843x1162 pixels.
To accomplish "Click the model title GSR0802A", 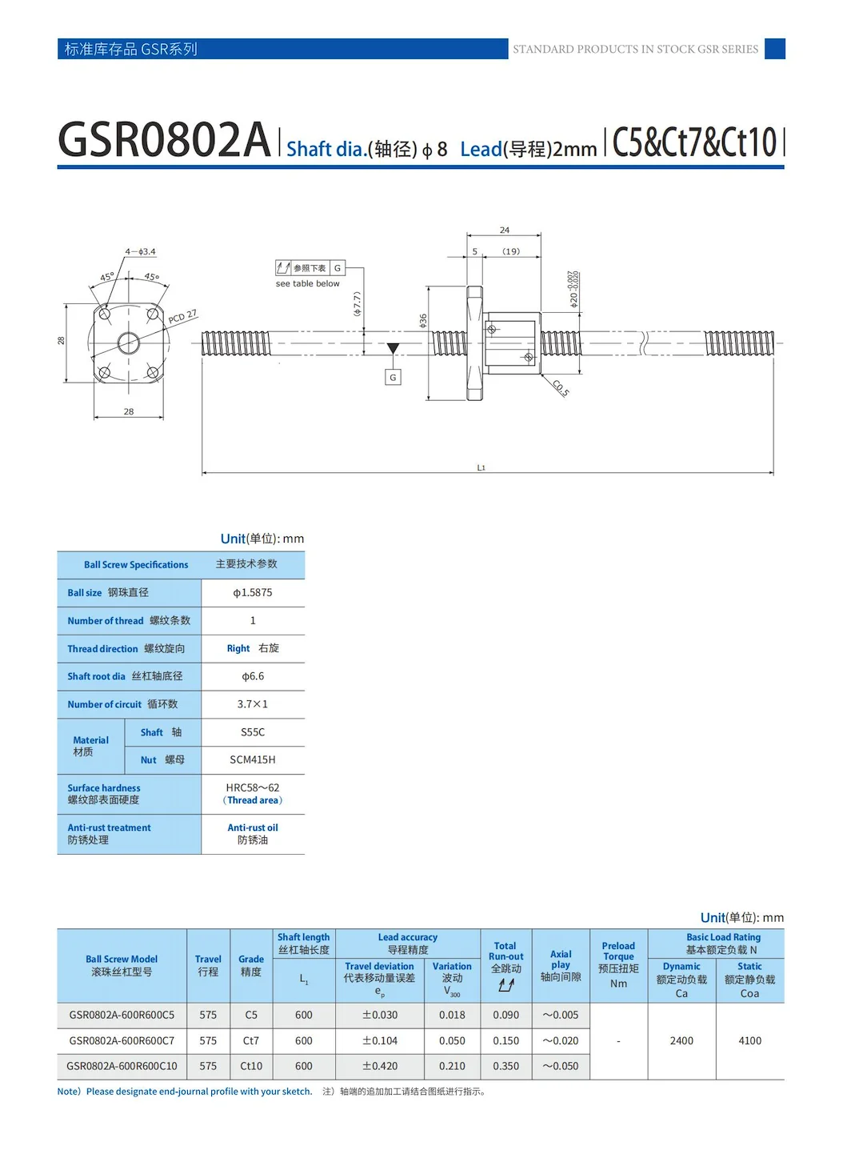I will [x=164, y=140].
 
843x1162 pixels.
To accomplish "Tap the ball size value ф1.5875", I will [x=253, y=593].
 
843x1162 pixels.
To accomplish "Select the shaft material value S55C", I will [x=253, y=732].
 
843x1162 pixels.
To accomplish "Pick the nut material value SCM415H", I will [x=253, y=760].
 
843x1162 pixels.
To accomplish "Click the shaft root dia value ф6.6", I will [x=253, y=676].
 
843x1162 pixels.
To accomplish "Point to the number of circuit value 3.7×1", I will [x=253, y=704].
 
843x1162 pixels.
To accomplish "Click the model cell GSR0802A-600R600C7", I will [x=122, y=1041].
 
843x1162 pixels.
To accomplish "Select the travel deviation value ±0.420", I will [x=380, y=1067].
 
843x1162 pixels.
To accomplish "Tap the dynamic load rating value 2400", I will [x=681, y=1041].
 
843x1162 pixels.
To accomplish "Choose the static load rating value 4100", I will [x=750, y=1041].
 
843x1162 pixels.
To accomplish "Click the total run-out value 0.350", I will [x=506, y=1067].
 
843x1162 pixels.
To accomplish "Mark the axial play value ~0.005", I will [x=561, y=1016].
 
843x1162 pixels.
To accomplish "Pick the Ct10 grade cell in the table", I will [x=251, y=1067].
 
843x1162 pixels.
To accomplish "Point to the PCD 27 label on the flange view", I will [x=182, y=317].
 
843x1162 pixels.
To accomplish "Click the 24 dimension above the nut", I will [x=505, y=230].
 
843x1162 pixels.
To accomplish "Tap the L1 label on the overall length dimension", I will [x=481, y=468].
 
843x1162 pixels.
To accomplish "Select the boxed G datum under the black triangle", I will [x=393, y=378].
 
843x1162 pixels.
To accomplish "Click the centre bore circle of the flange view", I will [x=129, y=344].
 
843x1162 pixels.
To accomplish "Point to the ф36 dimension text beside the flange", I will [x=423, y=320].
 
